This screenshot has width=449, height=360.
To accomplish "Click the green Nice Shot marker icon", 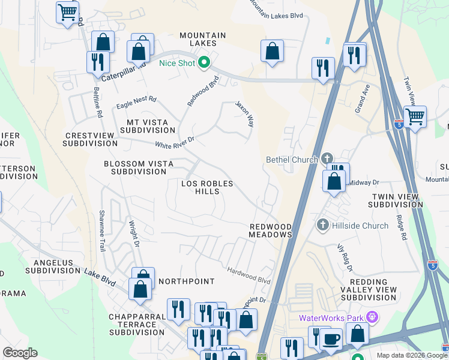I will click(204, 62).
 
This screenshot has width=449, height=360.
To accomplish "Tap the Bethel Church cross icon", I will click(327, 159).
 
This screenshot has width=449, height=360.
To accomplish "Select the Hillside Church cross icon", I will click(322, 225).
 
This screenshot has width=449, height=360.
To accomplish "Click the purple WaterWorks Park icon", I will click(372, 316).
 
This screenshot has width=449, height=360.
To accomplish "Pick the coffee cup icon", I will click(330, 340).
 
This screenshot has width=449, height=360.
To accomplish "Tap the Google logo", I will click(20, 353).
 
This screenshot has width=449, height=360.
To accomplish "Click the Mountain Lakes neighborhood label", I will click(203, 40).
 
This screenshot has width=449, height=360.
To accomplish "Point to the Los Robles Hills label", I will click(207, 187).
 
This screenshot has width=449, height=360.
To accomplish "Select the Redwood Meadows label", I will click(270, 230).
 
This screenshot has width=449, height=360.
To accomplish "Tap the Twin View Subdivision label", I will click(397, 200).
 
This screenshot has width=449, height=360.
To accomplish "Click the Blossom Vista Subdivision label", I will click(139, 167).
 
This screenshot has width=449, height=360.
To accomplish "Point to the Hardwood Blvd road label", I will click(249, 275).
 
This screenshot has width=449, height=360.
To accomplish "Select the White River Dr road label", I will click(175, 142).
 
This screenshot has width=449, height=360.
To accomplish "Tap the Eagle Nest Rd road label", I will click(136, 101).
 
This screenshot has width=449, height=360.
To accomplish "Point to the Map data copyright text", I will click(411, 355).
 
